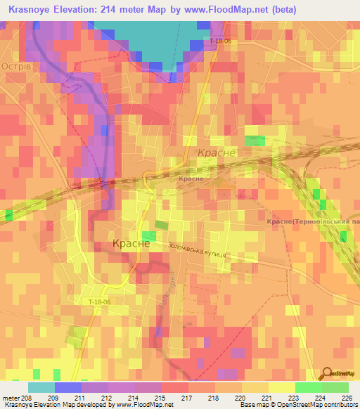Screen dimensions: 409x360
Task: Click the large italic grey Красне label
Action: click(215, 152)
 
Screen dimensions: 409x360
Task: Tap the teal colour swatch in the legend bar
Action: click(41, 387)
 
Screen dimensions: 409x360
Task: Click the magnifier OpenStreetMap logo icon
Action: click(326, 372)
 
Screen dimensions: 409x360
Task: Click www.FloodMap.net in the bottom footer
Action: click(144, 405)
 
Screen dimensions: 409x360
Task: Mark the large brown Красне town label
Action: click(131, 243)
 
